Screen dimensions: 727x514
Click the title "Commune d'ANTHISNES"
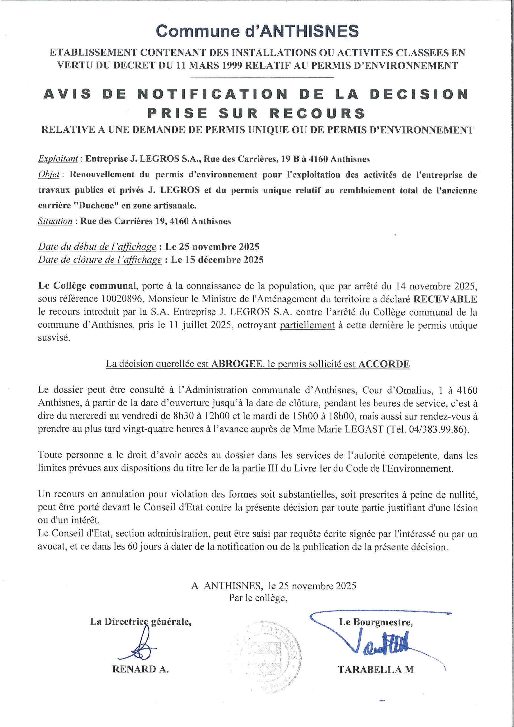point(257,31)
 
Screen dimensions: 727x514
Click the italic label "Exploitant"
point(58,159)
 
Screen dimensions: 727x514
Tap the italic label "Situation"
point(55,221)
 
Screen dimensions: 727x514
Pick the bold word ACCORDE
point(384,364)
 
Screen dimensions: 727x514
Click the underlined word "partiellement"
point(307,325)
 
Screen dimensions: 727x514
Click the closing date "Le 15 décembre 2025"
point(217,260)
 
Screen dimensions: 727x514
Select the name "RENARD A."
point(141,669)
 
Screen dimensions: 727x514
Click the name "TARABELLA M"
point(376,669)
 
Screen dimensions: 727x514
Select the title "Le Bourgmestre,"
point(376,622)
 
